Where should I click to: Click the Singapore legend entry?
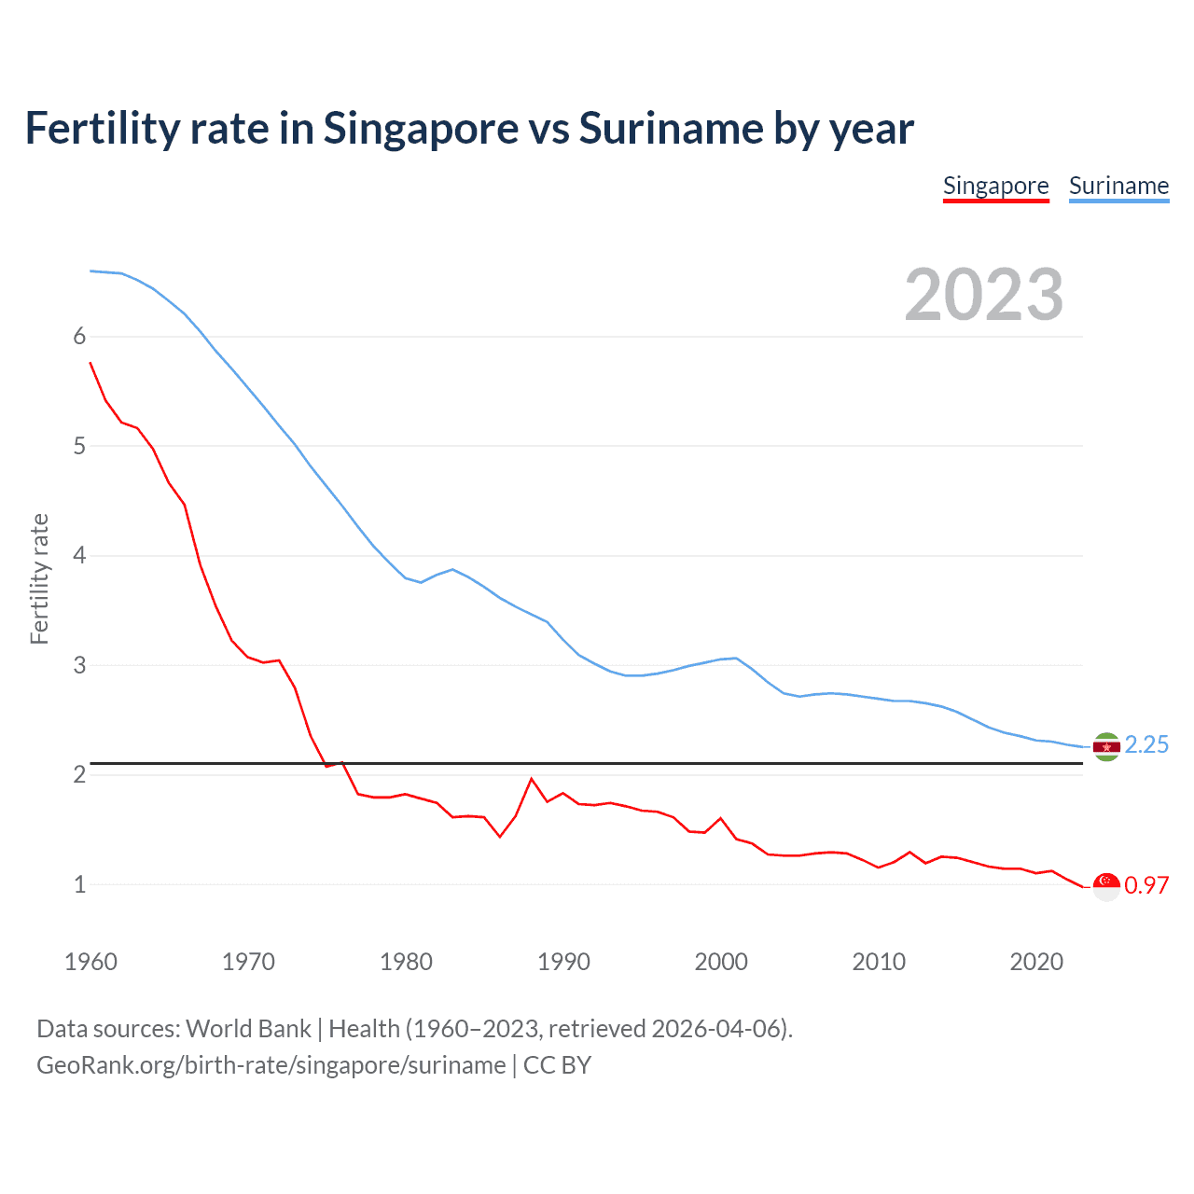point(995,187)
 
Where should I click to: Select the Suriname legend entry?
point(1118,187)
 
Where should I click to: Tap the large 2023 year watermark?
point(983,295)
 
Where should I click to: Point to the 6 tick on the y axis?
point(79,337)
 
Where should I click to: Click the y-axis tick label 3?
point(79,666)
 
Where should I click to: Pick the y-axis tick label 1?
point(79,885)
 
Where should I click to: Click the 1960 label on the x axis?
point(90,962)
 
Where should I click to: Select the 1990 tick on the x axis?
point(563,962)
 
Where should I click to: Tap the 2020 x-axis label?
point(1036,962)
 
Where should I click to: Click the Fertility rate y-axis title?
point(39,578)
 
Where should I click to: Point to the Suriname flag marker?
point(1106,747)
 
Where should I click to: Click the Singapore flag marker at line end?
point(1106,886)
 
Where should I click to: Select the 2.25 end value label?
point(1146,744)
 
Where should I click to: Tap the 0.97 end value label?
point(1146,886)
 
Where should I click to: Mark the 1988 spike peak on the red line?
point(532,779)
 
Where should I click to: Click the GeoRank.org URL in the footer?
point(271,1065)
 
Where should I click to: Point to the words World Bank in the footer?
point(248,1029)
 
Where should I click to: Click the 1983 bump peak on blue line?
point(452,569)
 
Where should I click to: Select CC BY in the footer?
point(557,1065)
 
